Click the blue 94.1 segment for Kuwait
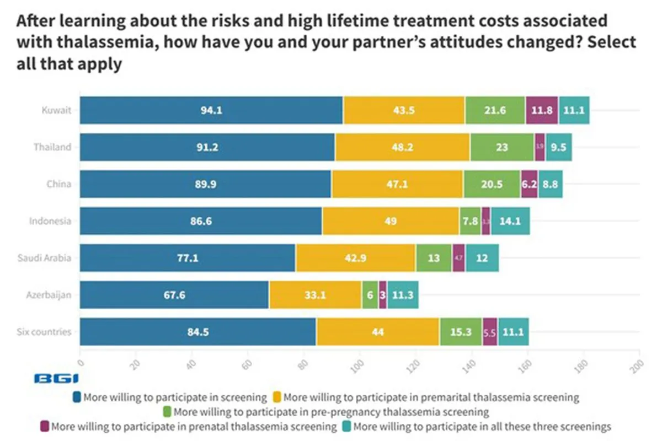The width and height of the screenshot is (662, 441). (211, 110)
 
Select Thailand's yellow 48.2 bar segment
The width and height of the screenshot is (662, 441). (402, 147)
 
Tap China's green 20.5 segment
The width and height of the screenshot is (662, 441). (492, 184)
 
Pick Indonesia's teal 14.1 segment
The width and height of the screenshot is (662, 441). (510, 221)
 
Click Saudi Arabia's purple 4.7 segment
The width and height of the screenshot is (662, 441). (458, 258)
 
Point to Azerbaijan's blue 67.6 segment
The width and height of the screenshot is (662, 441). (174, 295)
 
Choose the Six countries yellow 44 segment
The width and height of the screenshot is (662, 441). (378, 332)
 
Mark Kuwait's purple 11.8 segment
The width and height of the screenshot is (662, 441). (542, 110)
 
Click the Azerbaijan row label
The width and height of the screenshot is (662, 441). (50, 295)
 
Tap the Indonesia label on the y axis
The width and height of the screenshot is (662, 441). (50, 221)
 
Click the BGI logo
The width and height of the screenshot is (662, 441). (56, 379)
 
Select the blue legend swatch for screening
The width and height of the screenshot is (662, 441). (78, 397)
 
